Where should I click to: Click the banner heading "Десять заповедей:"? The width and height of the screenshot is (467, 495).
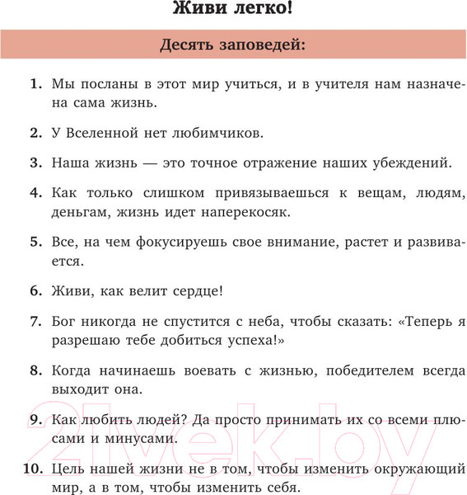point(233,45)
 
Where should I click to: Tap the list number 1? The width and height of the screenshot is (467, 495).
point(35,84)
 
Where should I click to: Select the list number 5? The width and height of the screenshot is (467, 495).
point(35,242)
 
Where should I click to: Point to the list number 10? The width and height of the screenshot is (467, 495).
point(32,469)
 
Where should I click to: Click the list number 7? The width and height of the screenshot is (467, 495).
point(35,321)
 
